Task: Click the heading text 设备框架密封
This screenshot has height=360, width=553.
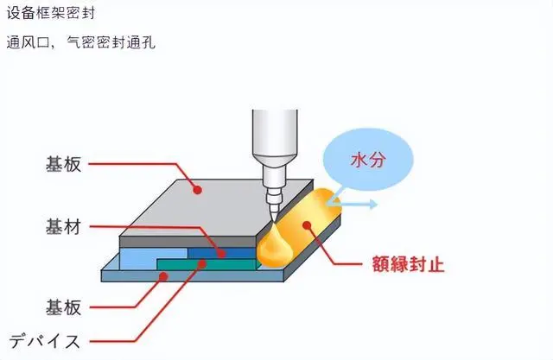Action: [x=51, y=13]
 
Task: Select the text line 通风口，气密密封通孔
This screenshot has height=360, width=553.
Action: [x=80, y=42]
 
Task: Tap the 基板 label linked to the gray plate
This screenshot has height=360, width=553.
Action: [x=63, y=164]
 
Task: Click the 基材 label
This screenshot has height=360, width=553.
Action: [x=63, y=226]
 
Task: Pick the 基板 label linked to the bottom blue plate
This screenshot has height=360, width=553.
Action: [x=63, y=307]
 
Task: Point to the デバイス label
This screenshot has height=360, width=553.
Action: [x=44, y=341]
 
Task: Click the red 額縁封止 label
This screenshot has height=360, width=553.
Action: [x=408, y=264]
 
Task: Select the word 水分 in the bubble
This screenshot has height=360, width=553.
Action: [x=368, y=161]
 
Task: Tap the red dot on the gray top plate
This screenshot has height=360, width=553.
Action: [x=198, y=190]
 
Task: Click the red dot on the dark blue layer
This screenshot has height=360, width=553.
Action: [x=221, y=253]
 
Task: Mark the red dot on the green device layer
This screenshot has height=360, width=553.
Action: [x=202, y=263]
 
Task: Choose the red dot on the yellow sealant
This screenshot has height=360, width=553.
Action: [x=308, y=225]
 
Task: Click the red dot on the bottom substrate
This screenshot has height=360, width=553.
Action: [x=163, y=276]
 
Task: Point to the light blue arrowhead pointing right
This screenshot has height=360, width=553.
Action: [x=373, y=204]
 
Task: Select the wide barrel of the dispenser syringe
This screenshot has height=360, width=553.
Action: [x=275, y=132]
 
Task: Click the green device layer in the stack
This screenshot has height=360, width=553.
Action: [x=207, y=264]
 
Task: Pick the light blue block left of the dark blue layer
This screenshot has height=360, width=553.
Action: [x=154, y=259]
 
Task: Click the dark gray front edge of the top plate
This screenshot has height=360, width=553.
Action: [x=188, y=242]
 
